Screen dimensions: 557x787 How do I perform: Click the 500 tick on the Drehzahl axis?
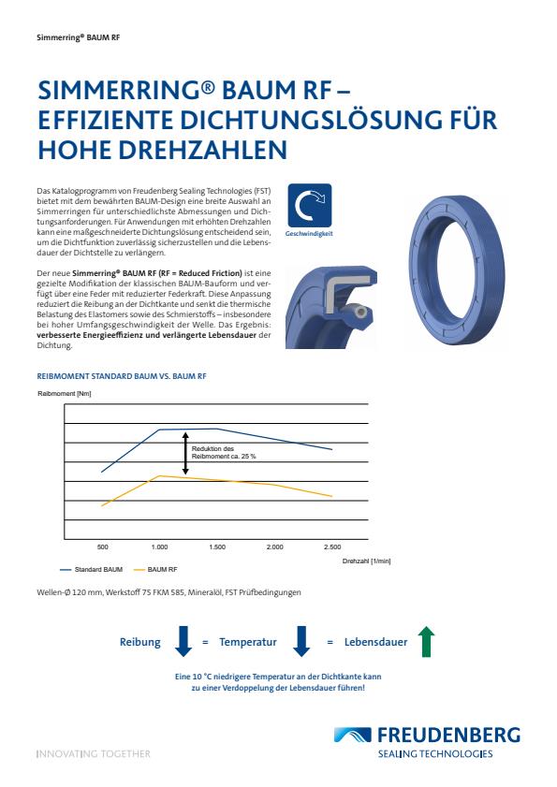click(103, 546)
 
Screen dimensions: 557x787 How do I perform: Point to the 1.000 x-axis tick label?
click(159, 546)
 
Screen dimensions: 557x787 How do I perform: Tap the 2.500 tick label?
click(331, 546)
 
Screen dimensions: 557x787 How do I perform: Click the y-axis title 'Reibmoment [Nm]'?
click(65, 394)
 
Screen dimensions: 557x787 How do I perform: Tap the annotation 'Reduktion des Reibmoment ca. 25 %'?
click(224, 452)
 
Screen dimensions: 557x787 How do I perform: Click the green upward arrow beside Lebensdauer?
click(427, 642)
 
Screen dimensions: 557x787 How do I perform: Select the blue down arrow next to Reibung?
click(183, 642)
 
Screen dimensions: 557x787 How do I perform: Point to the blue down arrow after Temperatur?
click(301, 642)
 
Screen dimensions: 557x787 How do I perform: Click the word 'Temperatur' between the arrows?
click(247, 643)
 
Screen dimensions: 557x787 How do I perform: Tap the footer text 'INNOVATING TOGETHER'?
click(92, 753)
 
